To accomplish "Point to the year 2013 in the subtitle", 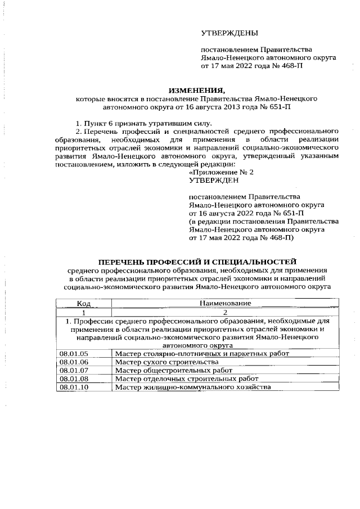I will pyautogui.click(x=256, y=106).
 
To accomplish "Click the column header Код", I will pyautogui.click(x=84, y=303).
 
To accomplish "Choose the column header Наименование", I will pyautogui.click(x=225, y=303).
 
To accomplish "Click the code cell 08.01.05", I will pyautogui.click(x=74, y=354).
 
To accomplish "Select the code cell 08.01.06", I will pyautogui.click(x=74, y=362).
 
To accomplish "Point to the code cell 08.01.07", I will pyautogui.click(x=74, y=371).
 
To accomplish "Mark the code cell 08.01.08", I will pyautogui.click(x=74, y=379).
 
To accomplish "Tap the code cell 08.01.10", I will pyautogui.click(x=74, y=388).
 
